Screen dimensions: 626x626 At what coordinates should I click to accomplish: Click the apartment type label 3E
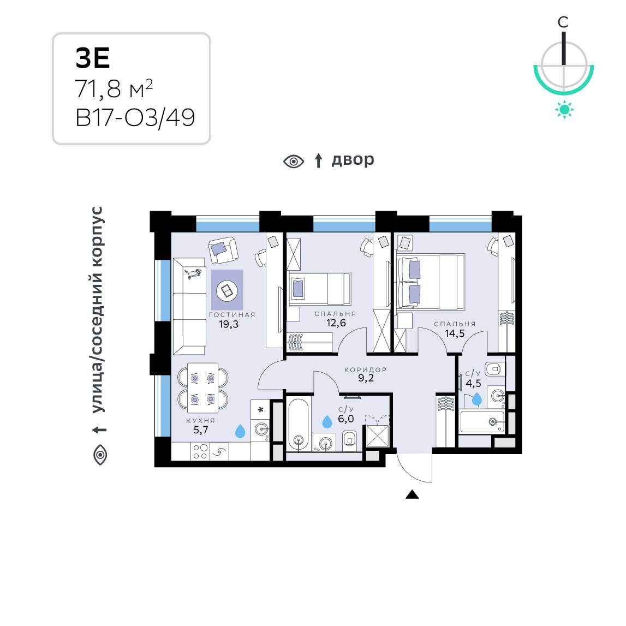(x=93, y=58)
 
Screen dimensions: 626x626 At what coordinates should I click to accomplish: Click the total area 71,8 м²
(x=114, y=88)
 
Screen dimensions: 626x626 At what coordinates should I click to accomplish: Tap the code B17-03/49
(x=135, y=118)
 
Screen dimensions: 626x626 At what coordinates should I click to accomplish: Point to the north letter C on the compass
(x=563, y=22)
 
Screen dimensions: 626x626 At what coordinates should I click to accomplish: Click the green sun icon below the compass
(x=564, y=110)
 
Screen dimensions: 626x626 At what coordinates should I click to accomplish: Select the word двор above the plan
(x=353, y=160)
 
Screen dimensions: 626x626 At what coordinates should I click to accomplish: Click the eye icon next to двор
(x=294, y=162)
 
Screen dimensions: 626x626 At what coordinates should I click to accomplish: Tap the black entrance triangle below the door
(x=412, y=494)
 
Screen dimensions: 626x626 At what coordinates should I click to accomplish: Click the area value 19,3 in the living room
(x=229, y=324)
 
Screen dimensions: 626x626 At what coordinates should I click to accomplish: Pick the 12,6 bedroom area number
(x=336, y=323)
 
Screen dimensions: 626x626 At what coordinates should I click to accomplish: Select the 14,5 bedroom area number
(x=455, y=333)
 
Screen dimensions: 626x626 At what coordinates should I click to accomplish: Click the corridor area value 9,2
(x=366, y=378)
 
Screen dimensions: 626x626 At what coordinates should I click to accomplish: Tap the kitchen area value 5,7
(x=200, y=430)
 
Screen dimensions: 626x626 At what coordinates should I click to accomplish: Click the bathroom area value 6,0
(x=345, y=419)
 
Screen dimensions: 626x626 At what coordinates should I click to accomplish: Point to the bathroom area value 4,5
(x=474, y=384)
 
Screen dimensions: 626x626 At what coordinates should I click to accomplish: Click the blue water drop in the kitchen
(x=240, y=431)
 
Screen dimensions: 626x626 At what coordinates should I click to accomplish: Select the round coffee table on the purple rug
(x=227, y=290)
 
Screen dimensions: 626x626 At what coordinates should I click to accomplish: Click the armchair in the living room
(x=223, y=250)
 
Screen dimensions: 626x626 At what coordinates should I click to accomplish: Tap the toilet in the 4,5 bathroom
(x=495, y=369)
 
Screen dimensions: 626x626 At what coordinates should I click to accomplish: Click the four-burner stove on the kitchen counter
(x=200, y=451)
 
